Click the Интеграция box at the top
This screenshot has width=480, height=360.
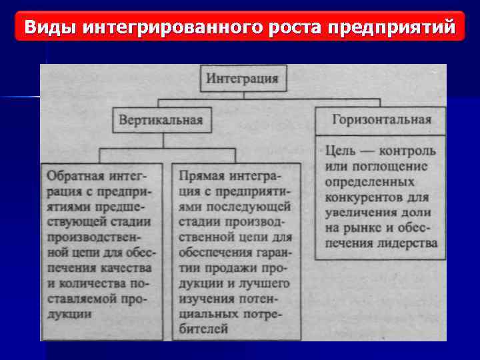(243, 79)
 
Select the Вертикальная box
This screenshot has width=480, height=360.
(160, 121)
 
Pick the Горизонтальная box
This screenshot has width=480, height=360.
(381, 121)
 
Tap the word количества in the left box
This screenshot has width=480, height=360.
(91, 283)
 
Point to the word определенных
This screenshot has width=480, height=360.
(370, 181)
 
